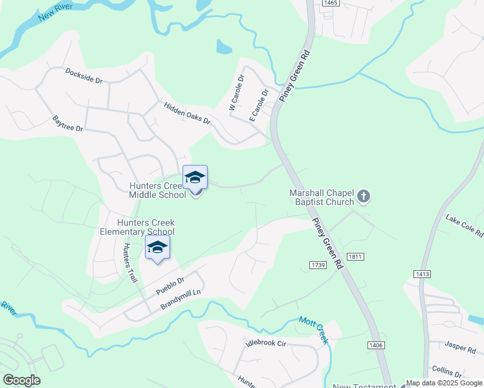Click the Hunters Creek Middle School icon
(x=195, y=177)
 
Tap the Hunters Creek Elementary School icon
(x=157, y=247)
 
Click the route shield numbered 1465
(x=331, y=3)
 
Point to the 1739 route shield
(x=318, y=265)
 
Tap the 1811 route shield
(x=355, y=257)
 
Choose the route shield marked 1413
(x=423, y=274)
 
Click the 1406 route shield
(x=376, y=345)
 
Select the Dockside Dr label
(x=83, y=76)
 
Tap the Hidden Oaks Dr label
(x=187, y=113)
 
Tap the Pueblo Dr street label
(x=170, y=286)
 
